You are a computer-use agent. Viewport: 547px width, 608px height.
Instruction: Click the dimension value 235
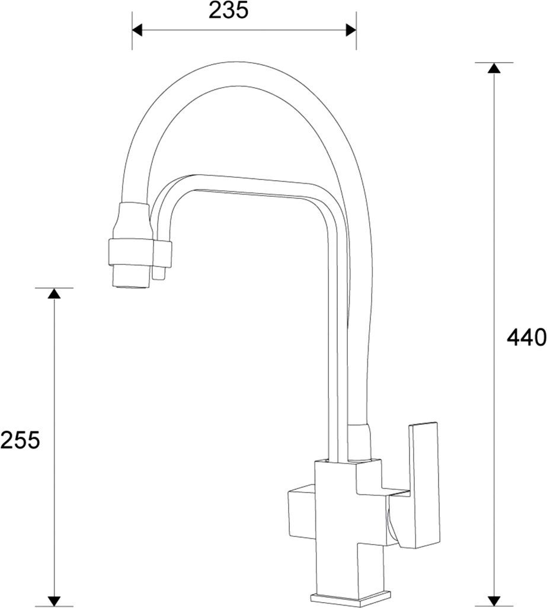[x=228, y=10]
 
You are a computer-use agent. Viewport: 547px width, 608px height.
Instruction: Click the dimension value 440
[x=526, y=338]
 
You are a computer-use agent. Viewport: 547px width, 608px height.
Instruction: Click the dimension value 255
[x=20, y=440]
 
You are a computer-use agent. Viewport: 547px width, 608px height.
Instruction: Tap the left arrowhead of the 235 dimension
[x=137, y=28]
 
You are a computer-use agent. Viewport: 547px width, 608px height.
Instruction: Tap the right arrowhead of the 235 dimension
[x=351, y=28]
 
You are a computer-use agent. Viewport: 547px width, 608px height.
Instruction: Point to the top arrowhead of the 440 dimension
[x=494, y=68]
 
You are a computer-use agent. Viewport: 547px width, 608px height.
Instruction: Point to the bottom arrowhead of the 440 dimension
[x=494, y=600]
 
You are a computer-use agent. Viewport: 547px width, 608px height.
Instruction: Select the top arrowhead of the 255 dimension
[x=54, y=293]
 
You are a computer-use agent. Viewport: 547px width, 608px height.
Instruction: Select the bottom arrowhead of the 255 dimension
[x=54, y=600]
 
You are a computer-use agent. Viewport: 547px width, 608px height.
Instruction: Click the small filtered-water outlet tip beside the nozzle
[x=158, y=273]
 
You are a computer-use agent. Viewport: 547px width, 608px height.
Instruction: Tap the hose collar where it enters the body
[x=360, y=442]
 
